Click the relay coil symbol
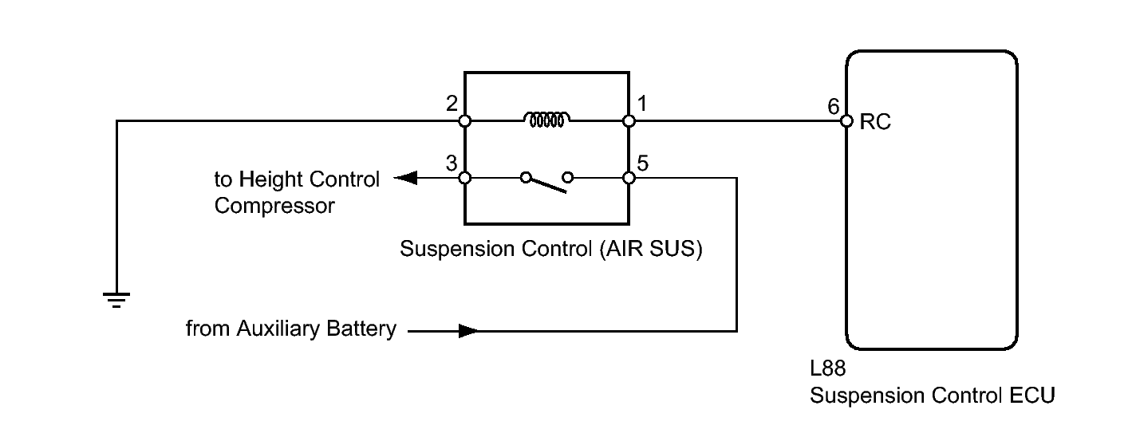click(x=546, y=120)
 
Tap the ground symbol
click(x=116, y=300)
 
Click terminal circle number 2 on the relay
click(x=464, y=121)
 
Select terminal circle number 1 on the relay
click(x=629, y=121)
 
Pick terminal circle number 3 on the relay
click(x=464, y=178)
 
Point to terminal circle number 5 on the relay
click(x=629, y=178)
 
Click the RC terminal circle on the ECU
click(x=846, y=121)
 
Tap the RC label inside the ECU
click(x=875, y=122)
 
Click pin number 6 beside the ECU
click(x=833, y=106)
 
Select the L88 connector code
click(x=827, y=368)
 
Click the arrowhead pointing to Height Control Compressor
click(x=405, y=178)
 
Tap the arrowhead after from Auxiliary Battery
click(x=468, y=331)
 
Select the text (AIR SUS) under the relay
click(x=651, y=249)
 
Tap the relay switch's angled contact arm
click(x=546, y=186)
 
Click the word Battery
click(x=361, y=329)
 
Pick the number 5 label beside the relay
click(x=642, y=163)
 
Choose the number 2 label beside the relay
click(x=452, y=104)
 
